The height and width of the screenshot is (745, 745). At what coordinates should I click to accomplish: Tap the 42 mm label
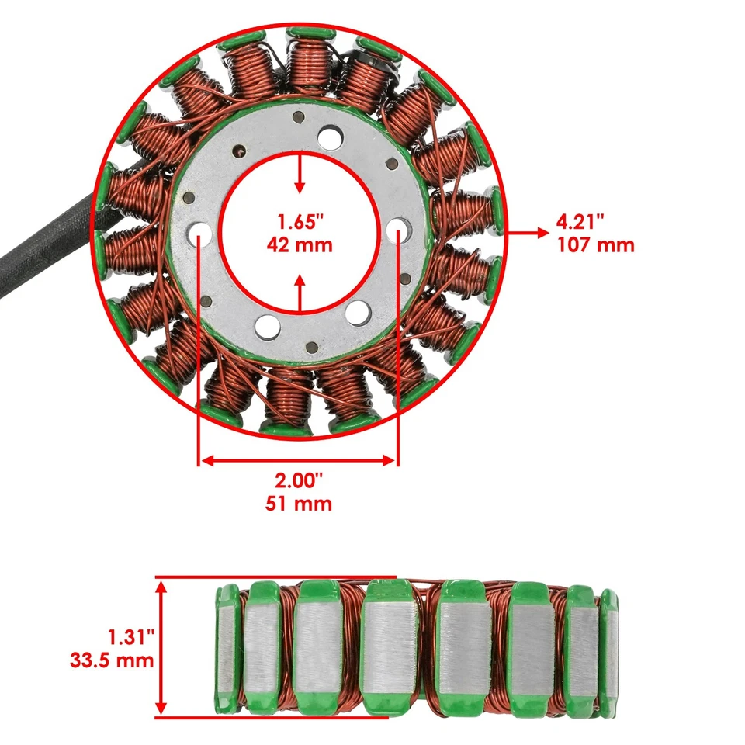pyautogui.click(x=300, y=245)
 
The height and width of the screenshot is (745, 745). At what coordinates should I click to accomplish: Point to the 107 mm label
pyautogui.click(x=595, y=245)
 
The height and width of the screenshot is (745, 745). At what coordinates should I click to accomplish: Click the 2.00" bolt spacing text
pyautogui.click(x=299, y=480)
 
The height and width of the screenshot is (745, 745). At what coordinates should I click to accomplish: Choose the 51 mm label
pyautogui.click(x=299, y=504)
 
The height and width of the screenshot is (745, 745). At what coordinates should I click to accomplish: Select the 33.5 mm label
pyautogui.click(x=112, y=661)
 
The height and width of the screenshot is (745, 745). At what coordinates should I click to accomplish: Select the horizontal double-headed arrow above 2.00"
pyautogui.click(x=299, y=460)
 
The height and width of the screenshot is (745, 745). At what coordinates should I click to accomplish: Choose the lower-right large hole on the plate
pyautogui.click(x=358, y=313)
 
